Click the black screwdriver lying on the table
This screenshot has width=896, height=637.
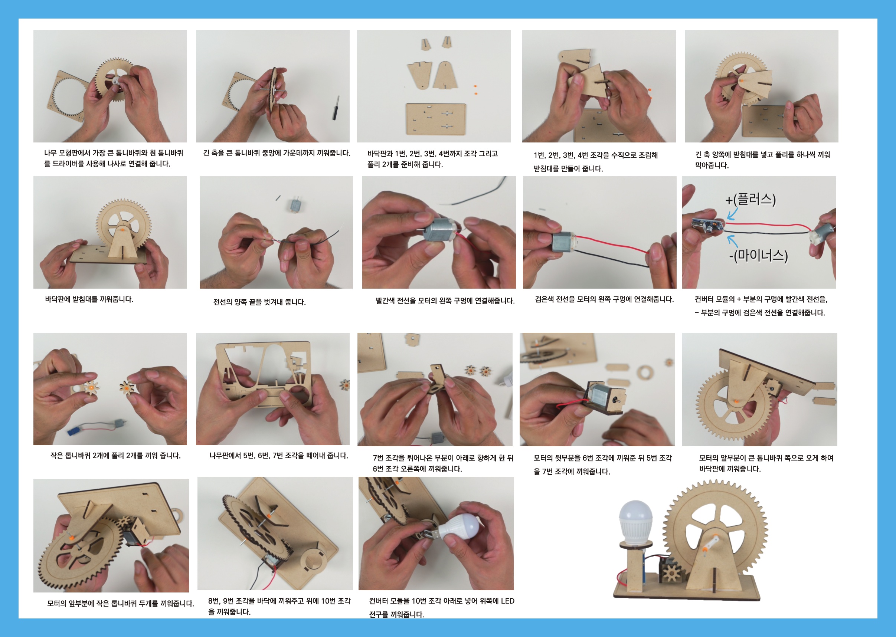pyautogui.click(x=336, y=108)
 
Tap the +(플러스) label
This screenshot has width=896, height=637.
pyautogui.click(x=751, y=199)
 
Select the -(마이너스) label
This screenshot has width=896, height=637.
pyautogui.click(x=758, y=256)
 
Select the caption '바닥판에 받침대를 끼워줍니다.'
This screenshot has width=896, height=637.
pyautogui.click(x=89, y=299)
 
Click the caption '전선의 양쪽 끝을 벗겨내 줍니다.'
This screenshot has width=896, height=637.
pyautogui.click(x=259, y=302)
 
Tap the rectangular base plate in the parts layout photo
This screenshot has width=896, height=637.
pyautogui.click(x=436, y=119)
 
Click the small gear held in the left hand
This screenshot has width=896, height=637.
pyautogui.click(x=91, y=388)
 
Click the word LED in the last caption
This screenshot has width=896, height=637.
pyautogui.click(x=507, y=601)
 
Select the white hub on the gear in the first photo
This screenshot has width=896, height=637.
pyautogui.click(x=117, y=81)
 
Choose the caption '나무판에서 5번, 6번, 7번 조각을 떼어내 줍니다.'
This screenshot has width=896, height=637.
pyautogui.click(x=279, y=456)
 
